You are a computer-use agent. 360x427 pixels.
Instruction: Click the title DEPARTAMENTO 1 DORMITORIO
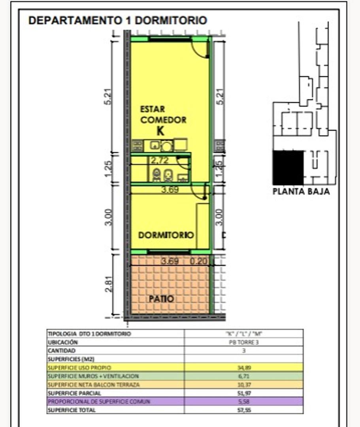click(117, 20)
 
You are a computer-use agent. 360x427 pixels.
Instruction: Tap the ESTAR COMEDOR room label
click(163, 114)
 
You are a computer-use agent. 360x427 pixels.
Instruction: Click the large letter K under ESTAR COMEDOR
click(160, 131)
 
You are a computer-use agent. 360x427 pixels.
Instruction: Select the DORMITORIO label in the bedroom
click(166, 235)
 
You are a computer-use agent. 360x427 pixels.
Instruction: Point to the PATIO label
click(161, 299)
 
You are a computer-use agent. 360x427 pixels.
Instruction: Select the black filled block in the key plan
click(288, 167)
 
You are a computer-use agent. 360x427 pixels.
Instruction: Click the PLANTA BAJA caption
click(301, 192)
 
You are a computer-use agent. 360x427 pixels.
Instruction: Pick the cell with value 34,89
click(243, 367)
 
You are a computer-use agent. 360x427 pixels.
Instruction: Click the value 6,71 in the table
click(243, 376)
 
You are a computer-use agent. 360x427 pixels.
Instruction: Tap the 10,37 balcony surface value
click(243, 385)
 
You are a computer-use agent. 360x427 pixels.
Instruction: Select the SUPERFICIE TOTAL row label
click(72, 410)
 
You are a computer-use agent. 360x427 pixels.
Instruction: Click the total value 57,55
click(243, 410)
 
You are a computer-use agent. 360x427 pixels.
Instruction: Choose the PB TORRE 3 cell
click(243, 342)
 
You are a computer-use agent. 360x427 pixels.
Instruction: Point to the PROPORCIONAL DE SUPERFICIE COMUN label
click(99, 401)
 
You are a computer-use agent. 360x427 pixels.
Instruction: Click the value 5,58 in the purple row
click(243, 401)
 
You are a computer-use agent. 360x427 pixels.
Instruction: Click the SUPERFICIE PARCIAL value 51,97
click(243, 393)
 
